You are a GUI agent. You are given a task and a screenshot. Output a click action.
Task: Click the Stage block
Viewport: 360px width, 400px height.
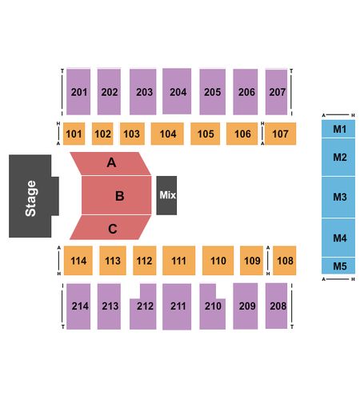coord(30,196)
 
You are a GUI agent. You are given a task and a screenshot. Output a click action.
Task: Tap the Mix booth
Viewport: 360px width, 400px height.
coord(166,195)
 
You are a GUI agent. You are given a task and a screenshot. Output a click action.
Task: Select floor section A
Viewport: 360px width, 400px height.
coord(110,164)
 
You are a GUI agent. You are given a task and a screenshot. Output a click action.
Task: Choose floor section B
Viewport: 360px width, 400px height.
coord(116,195)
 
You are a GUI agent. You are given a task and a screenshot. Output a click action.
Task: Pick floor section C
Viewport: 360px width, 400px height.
coord(110,227)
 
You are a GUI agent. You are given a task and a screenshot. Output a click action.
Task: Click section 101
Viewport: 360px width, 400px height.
coord(74,134)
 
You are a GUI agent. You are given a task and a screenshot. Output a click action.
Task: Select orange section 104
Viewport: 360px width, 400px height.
coord(167,134)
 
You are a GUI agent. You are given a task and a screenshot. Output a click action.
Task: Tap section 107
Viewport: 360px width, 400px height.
coord(280,134)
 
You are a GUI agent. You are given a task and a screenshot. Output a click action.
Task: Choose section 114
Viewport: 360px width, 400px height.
coord(78,261)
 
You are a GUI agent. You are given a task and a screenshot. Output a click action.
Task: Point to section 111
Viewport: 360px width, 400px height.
coord(178,261)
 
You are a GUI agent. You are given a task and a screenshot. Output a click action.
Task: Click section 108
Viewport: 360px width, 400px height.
coord(285,261)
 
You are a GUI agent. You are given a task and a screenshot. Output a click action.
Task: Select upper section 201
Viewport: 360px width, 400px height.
coord(78,92)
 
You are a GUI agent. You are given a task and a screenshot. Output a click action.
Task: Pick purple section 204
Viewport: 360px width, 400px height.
coord(177,91)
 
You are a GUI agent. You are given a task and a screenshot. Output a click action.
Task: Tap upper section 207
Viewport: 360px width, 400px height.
coord(277,92)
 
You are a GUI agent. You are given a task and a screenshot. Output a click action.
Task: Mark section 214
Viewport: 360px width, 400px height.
coord(78,306)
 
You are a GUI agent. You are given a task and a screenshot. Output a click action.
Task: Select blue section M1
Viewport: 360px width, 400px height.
coord(338,129)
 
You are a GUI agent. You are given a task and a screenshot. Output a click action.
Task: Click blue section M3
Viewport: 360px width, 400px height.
coord(338,197)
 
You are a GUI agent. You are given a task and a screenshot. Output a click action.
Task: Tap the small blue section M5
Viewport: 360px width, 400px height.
coord(338,266)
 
